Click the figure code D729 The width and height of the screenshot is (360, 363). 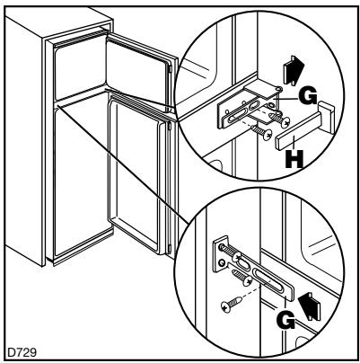22,352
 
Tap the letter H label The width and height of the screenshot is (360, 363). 294,160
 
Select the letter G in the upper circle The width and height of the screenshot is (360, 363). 307,97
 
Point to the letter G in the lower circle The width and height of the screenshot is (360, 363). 286,321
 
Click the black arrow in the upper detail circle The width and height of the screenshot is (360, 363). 294,70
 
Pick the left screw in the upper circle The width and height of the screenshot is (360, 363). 261,133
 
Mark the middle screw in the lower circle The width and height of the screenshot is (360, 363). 241,277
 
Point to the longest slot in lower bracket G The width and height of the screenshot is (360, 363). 268,283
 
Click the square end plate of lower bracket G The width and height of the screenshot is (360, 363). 221,254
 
